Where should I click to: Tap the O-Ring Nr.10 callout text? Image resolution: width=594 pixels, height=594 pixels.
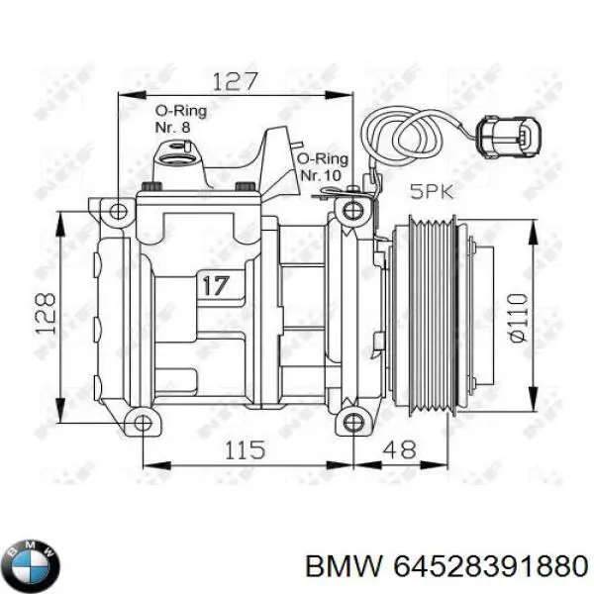[x=323, y=165]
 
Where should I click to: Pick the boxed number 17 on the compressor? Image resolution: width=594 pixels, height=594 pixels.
[x=215, y=286]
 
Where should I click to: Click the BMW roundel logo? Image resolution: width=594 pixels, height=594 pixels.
[x=32, y=565]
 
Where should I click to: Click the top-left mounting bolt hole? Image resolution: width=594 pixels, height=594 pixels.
[x=117, y=210]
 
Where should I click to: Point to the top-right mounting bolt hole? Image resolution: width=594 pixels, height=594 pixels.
[x=352, y=210]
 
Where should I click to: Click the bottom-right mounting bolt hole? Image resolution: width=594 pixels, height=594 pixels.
[x=352, y=424]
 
